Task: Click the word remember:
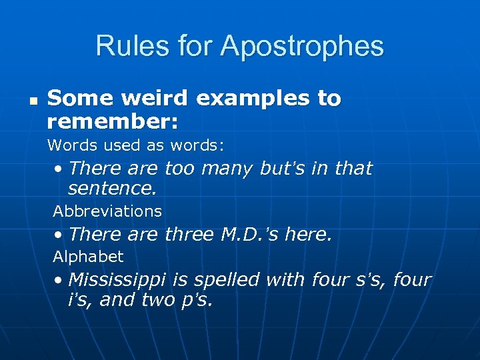coord(113,121)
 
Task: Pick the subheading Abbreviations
coord(107,211)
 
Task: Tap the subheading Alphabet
coord(88,257)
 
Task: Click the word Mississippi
coord(117,279)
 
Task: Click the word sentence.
coord(112,189)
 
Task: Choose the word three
coord(187,235)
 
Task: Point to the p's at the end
coord(197,301)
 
